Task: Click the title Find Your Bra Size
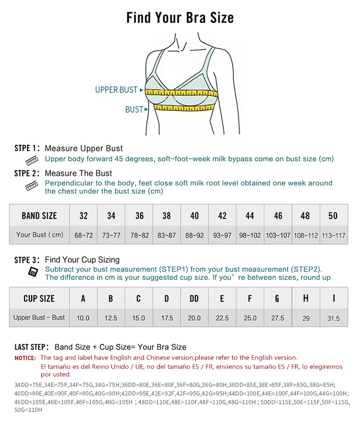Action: (180, 18)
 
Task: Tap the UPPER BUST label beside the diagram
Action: (116, 90)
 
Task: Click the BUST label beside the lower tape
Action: (134, 110)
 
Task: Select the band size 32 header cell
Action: (84, 216)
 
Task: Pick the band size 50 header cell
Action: (333, 216)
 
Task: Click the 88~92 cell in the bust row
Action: (194, 235)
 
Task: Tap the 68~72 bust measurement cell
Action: (84, 235)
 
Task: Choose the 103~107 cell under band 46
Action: (278, 235)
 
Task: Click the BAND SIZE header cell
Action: (39, 216)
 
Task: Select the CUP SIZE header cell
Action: (39, 299)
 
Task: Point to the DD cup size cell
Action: (194, 299)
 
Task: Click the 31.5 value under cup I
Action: (333, 318)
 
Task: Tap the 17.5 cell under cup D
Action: (167, 318)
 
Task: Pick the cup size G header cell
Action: (277, 299)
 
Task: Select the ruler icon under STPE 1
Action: (32, 160)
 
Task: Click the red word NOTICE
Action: (25, 358)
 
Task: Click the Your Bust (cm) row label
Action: (39, 235)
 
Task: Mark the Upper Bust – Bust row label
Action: (39, 317)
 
